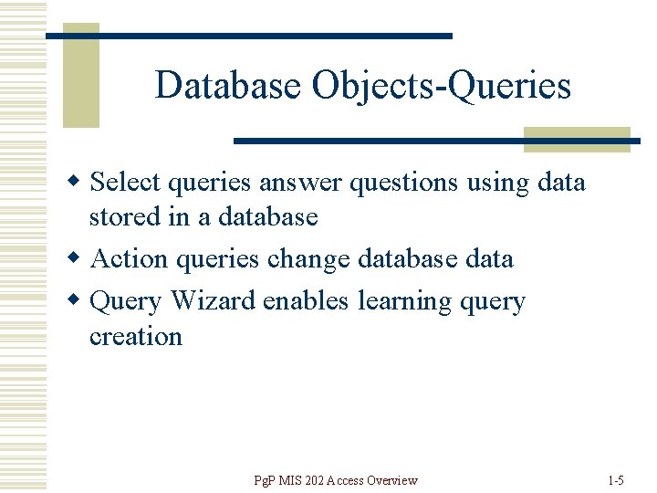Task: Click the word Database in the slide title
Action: point(228,86)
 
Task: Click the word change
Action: point(308,260)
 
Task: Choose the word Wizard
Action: point(214,301)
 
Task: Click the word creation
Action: point(135,337)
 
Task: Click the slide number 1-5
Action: point(615,480)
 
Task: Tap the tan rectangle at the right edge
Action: point(577,139)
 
